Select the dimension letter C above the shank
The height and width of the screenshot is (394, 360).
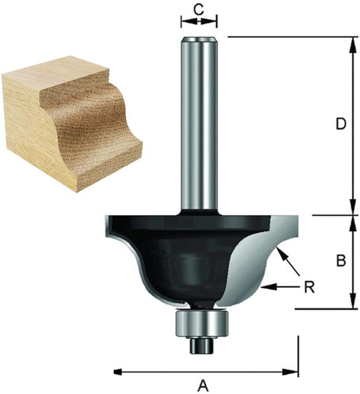[200, 9]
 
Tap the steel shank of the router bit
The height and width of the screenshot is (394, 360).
[200, 122]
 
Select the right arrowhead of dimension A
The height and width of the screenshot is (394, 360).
[293, 371]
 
